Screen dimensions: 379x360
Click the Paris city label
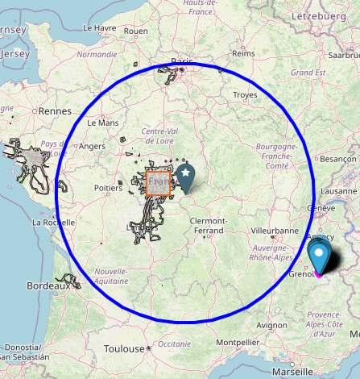(x=182, y=61)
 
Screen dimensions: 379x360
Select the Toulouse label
(x=124, y=349)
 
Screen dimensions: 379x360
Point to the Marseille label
(x=292, y=373)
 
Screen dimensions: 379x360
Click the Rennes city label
(x=55, y=110)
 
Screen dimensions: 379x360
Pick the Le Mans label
(x=102, y=123)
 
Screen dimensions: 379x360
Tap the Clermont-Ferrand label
(x=208, y=226)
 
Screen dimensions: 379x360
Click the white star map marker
(x=186, y=173)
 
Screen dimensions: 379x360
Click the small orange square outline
(x=158, y=183)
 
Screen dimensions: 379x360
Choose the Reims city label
(x=242, y=53)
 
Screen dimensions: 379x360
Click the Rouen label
(x=135, y=31)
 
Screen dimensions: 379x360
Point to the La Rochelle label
(x=53, y=222)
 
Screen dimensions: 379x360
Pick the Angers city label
(x=93, y=146)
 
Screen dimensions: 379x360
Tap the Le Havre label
(x=99, y=27)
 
